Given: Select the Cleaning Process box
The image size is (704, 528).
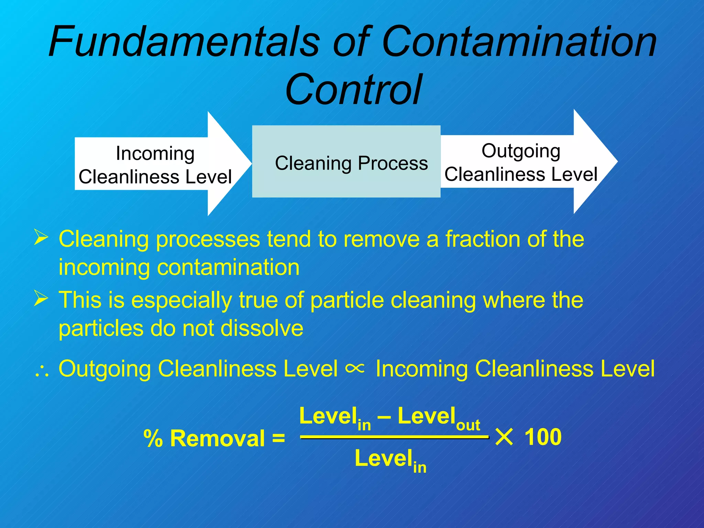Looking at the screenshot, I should click(x=346, y=162).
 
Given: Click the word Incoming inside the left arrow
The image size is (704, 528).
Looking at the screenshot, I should click(x=155, y=153).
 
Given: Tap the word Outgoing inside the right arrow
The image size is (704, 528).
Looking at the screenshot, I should click(x=521, y=151).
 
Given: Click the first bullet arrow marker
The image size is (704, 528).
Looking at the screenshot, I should click(x=41, y=238).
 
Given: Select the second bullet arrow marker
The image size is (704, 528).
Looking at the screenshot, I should click(x=41, y=298).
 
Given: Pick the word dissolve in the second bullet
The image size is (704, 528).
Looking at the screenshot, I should click(x=262, y=328).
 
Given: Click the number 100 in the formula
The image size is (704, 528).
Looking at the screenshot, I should click(x=543, y=437).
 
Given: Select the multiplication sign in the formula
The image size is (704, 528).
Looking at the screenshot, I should click(x=504, y=438).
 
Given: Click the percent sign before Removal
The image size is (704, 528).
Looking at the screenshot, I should click(x=153, y=439).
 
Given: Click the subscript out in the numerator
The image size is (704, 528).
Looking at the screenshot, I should click(x=468, y=426).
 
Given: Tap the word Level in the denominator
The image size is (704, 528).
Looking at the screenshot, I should click(x=383, y=459).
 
